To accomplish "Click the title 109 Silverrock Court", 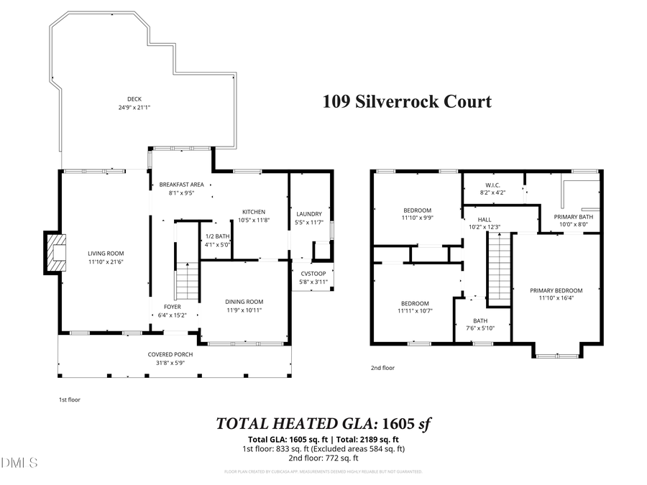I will coord(406,101).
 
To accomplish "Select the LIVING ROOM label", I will coord(106,253).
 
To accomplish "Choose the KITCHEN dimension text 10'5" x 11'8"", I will coord(253,220).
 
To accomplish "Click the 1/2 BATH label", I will coord(217,236).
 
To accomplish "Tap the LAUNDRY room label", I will coord(309,213).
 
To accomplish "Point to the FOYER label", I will coord(172,307).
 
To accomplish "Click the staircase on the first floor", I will coord(187,281).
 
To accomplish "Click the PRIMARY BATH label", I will coord(573,216).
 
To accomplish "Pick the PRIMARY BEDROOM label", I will coord(556,290).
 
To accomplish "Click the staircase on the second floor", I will coord(498,269).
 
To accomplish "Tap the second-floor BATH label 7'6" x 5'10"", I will coord(480,328).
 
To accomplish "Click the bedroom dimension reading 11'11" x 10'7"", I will coord(414,312).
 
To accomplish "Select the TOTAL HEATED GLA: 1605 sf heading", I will coord(323,424).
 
